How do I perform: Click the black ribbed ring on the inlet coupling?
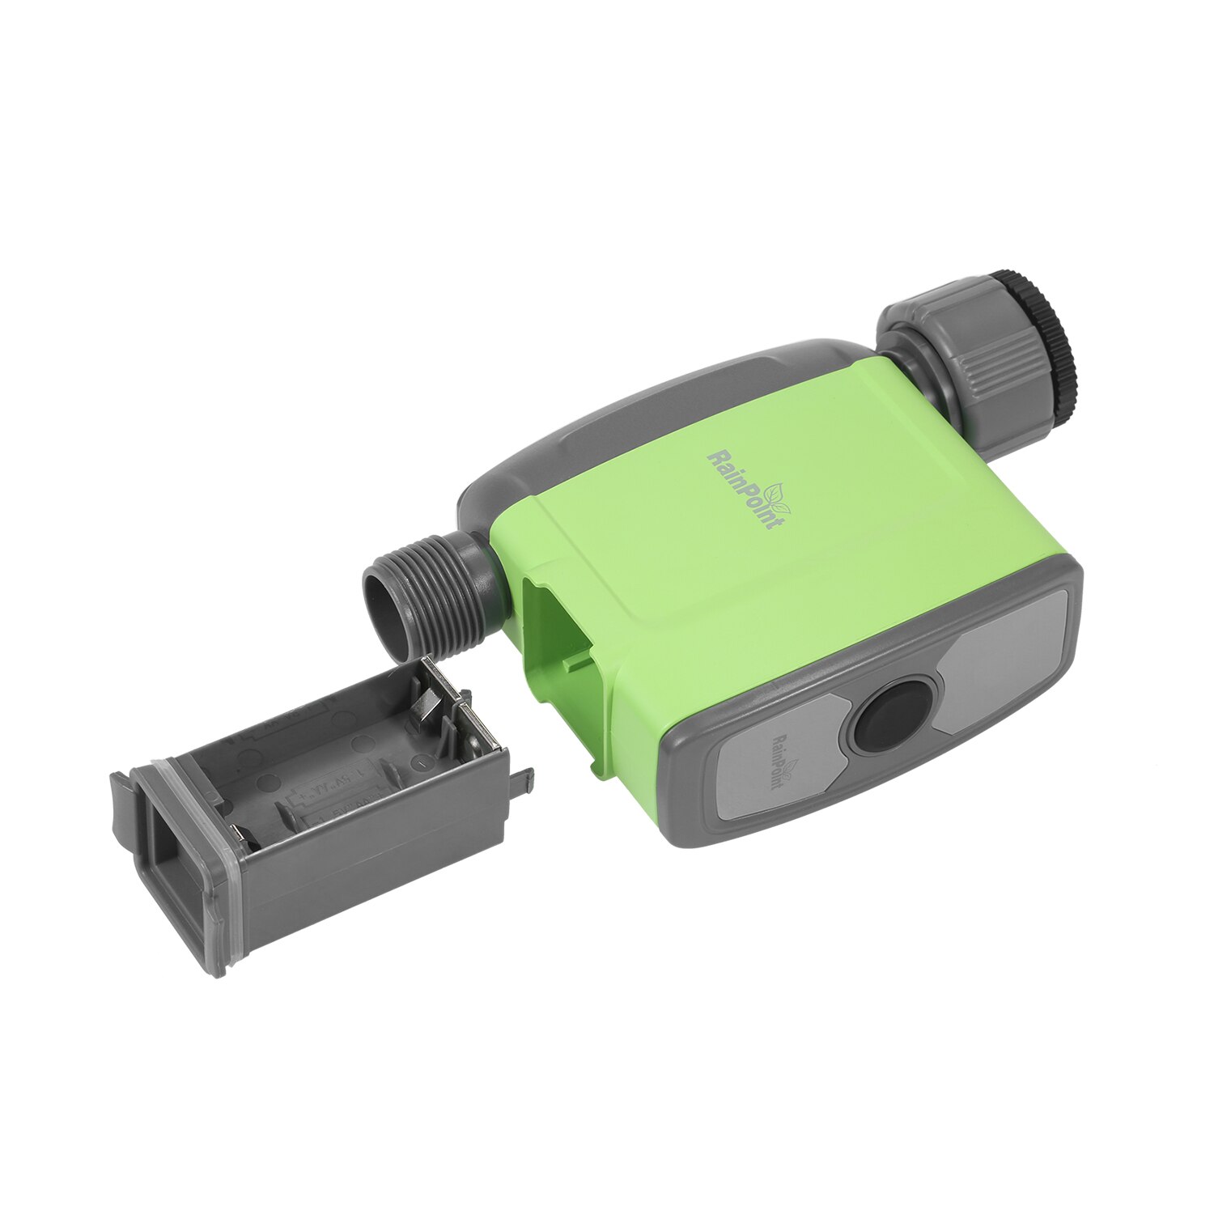click(x=1044, y=340)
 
